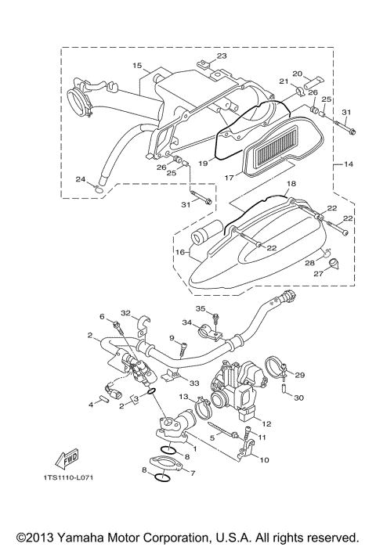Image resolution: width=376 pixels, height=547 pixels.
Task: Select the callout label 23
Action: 221,56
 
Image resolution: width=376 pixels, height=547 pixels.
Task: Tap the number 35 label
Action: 200,308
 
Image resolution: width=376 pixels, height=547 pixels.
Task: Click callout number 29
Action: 299,376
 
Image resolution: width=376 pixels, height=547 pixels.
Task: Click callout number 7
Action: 192,474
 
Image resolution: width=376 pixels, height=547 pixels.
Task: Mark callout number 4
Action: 91,403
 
